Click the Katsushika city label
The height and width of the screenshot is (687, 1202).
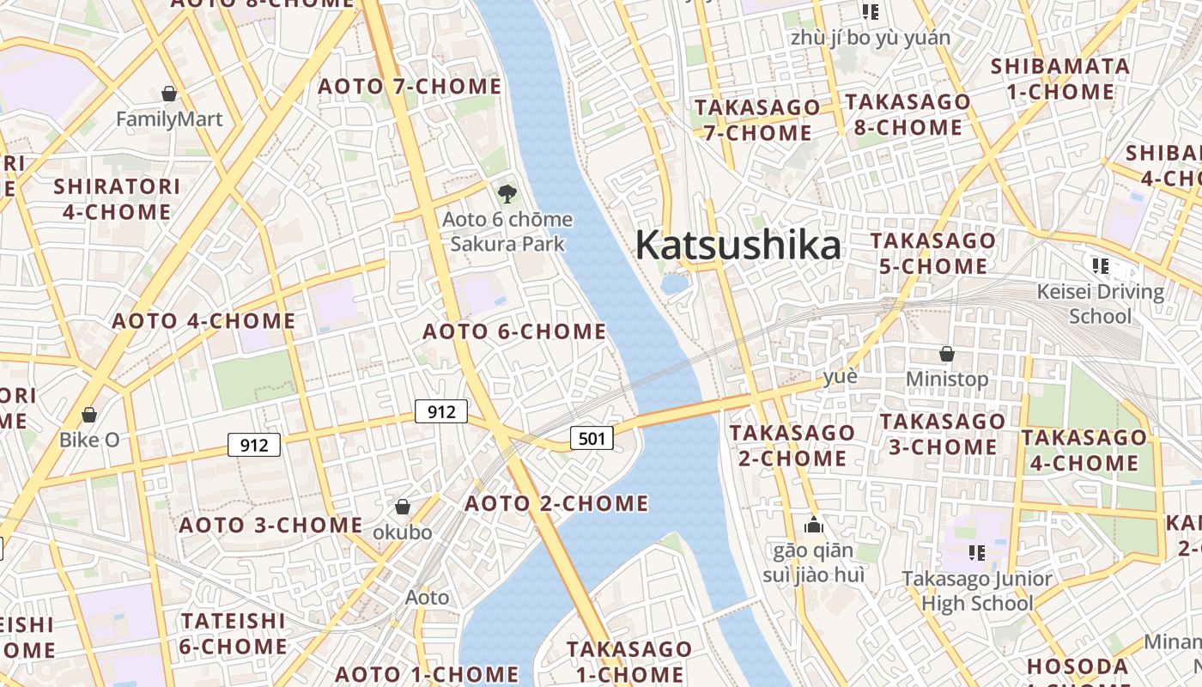(738, 246)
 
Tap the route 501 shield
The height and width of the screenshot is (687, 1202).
(592, 439)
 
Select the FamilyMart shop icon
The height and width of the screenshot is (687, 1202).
(169, 94)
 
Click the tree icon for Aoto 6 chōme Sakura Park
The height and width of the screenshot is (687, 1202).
(507, 192)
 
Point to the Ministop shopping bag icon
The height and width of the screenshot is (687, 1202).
(947, 354)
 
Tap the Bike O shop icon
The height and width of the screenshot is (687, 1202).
(89, 416)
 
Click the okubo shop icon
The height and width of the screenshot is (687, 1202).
(402, 508)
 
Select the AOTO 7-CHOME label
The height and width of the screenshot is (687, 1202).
(410, 87)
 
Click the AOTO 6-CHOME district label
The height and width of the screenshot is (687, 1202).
(514, 331)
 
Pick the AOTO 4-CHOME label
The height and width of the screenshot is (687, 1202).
(204, 322)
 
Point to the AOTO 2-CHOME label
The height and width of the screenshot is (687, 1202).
(556, 503)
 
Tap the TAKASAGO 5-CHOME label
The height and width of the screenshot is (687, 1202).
(933, 253)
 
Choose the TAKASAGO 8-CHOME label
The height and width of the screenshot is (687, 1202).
(908, 114)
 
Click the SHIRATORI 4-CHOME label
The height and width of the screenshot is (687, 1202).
(117, 198)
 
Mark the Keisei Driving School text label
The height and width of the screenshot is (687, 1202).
(1100, 304)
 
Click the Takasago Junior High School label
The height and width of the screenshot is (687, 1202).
(977, 591)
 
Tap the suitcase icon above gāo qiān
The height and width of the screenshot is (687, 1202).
(813, 525)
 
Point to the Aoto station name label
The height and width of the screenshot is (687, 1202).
(427, 597)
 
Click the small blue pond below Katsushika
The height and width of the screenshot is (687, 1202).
(675, 283)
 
